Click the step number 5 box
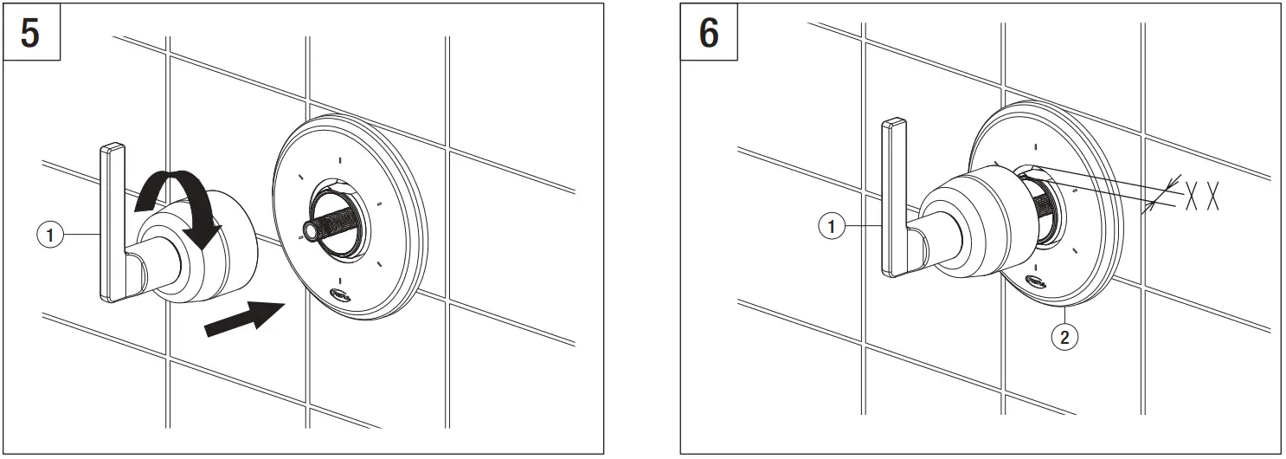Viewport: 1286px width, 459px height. tap(29, 34)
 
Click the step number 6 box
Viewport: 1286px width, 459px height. tap(709, 34)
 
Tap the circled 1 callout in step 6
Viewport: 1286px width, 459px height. tap(831, 227)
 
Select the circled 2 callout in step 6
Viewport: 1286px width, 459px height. tap(1065, 338)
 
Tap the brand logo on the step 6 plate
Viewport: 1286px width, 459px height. tap(1033, 281)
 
